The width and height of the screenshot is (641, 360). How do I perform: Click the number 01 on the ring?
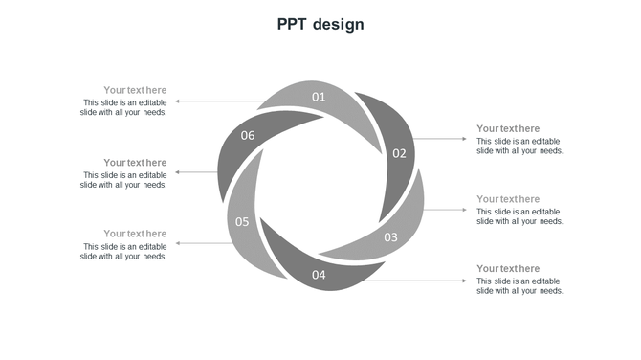(319, 97)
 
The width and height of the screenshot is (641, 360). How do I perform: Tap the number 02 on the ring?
(399, 153)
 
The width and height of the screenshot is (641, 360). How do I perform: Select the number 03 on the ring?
(390, 237)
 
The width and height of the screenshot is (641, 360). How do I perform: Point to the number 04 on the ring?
(319, 276)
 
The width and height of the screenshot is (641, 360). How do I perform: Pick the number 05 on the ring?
(242, 222)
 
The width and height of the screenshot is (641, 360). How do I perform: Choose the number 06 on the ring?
(248, 136)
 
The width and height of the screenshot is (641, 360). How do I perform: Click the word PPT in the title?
(292, 25)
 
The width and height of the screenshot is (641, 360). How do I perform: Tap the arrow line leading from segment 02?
(440, 139)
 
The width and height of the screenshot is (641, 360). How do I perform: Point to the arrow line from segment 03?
(445, 210)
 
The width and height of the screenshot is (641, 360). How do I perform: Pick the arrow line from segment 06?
(197, 172)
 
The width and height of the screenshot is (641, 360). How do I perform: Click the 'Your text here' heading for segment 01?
(135, 90)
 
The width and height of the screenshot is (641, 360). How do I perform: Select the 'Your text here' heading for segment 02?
(508, 128)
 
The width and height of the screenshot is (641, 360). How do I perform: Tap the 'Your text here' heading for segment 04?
(508, 269)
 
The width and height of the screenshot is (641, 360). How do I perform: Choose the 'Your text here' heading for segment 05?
(135, 234)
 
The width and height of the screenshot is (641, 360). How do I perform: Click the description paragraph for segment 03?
(519, 216)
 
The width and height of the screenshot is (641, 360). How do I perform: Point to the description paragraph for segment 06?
(124, 180)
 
